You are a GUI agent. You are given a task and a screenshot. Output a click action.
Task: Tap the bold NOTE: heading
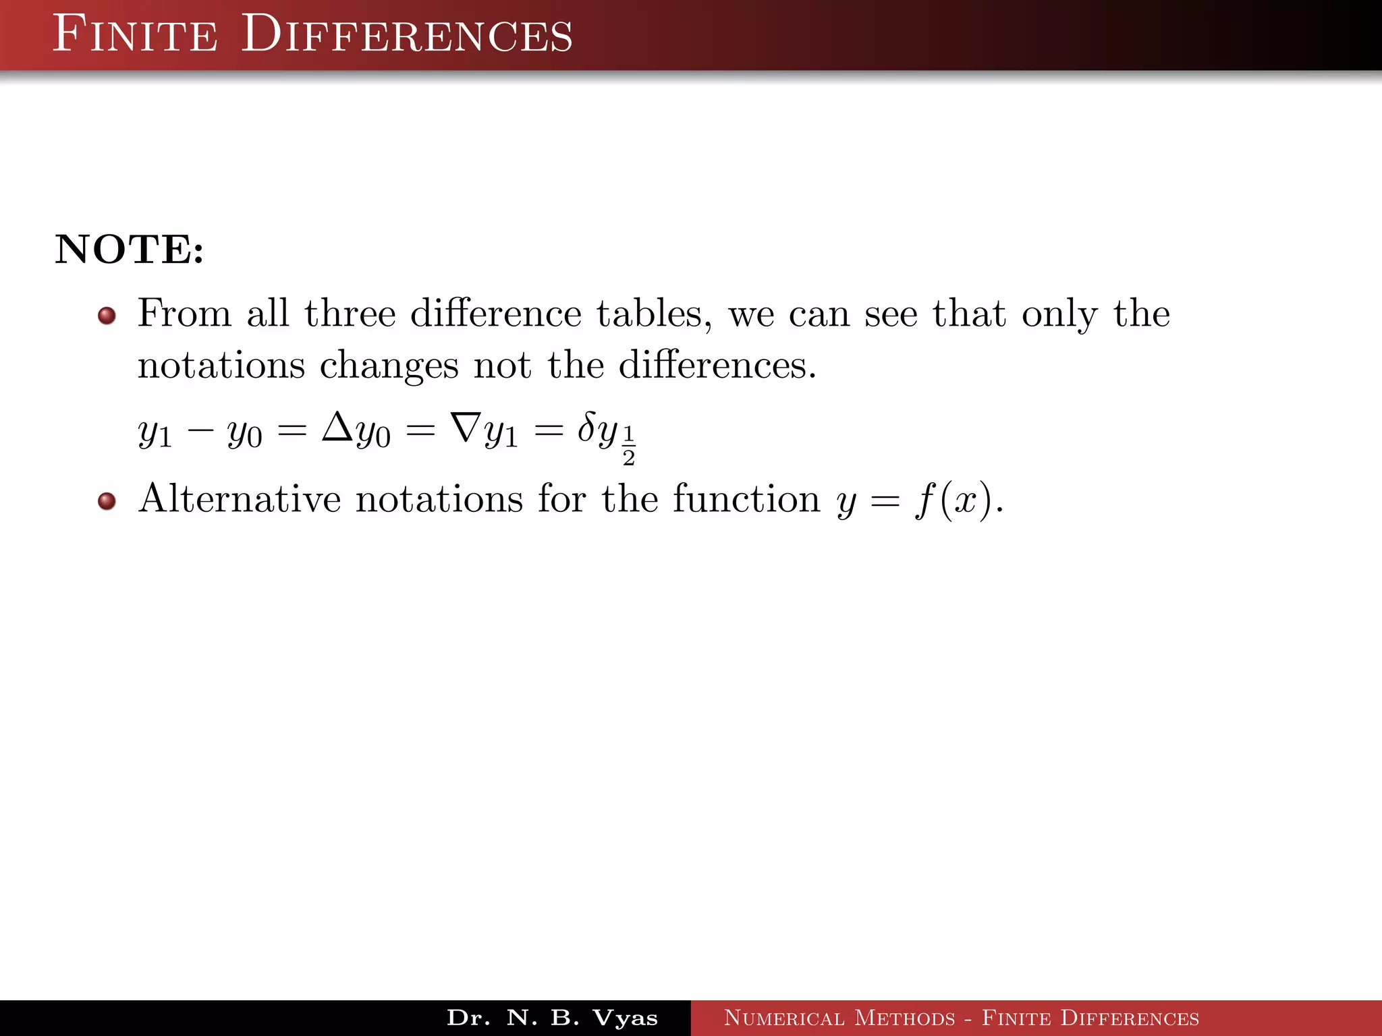129,250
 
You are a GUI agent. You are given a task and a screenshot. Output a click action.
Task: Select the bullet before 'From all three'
107,316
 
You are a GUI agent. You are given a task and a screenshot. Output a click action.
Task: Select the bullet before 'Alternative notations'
107,501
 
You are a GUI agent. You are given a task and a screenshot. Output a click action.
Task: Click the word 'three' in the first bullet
350,314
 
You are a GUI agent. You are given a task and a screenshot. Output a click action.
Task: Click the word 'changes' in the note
389,366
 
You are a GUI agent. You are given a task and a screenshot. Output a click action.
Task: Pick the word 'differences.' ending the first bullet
717,365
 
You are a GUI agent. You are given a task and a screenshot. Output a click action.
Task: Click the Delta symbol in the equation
337,427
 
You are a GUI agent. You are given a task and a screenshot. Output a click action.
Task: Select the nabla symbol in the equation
466,427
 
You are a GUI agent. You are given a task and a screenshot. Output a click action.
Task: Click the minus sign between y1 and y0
200,431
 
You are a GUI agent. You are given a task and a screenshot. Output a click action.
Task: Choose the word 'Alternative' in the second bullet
240,499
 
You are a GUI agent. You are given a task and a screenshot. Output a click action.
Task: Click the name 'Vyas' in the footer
624,1018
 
